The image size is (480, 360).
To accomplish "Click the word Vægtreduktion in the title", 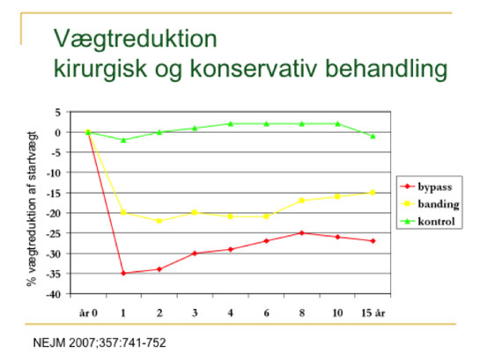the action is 136,39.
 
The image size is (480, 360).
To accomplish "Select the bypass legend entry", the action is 426,187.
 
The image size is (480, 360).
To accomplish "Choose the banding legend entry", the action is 430,203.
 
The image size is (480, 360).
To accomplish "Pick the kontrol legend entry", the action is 428,221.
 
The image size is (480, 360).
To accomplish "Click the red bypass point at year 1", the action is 123,273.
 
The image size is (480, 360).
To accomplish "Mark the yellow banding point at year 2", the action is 159,221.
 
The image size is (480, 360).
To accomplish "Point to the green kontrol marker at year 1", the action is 123,140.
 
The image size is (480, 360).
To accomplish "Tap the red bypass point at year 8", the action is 302,233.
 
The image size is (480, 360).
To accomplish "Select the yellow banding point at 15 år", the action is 373,193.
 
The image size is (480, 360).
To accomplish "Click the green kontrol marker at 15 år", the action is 373,136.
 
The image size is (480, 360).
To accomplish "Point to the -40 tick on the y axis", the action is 54,294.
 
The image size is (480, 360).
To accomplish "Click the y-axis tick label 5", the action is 58,113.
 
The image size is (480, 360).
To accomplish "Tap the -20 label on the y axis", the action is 54,214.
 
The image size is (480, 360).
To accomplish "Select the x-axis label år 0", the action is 88,312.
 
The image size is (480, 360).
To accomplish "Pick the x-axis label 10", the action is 337,312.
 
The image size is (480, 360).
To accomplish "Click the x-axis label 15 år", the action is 373,312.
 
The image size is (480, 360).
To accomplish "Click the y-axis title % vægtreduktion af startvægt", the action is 32,209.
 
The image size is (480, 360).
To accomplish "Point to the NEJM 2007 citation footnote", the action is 100,342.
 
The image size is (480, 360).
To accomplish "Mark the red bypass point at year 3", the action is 195,253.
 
